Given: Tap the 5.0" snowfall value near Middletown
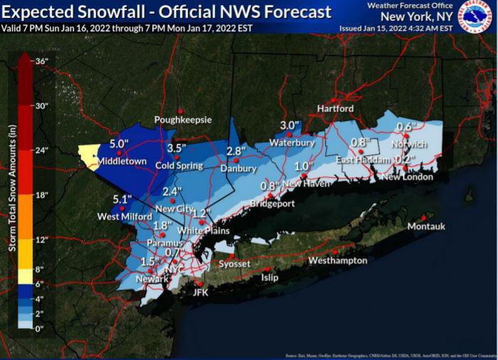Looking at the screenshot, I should point(119,144).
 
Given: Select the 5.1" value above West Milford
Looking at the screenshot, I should point(122,200).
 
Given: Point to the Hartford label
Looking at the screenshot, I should point(335,109).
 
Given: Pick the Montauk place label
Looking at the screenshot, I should point(425,226).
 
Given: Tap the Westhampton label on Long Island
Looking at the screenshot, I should point(337,260).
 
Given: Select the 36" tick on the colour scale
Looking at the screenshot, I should point(41,61).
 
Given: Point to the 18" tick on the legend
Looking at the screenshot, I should point(41,195).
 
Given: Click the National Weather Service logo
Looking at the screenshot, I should point(476,17).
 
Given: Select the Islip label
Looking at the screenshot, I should point(270,277).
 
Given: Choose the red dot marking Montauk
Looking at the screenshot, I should point(424,217).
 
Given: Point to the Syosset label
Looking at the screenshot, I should point(234,264).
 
